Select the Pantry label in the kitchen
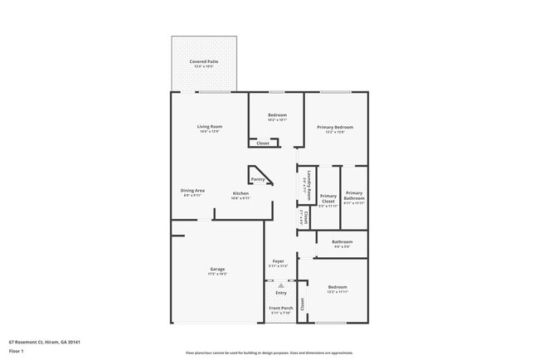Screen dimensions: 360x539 (257, 178)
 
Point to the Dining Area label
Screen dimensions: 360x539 (193, 191)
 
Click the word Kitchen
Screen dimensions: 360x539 (240, 193)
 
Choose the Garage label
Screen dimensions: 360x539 (217, 269)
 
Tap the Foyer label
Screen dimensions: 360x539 (279, 261)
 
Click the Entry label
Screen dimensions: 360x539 (281, 292)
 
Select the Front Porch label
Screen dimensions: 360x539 (281, 308)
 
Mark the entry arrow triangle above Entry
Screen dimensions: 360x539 (280, 285)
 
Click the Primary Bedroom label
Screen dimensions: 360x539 (335, 127)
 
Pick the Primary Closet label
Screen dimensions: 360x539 (328, 199)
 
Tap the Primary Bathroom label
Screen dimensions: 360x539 (354, 197)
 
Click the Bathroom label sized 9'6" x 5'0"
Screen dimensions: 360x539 (342, 241)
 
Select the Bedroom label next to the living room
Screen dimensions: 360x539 (277, 114)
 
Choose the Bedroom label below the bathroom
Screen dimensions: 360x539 (337, 287)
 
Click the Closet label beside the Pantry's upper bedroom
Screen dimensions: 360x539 (263, 144)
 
